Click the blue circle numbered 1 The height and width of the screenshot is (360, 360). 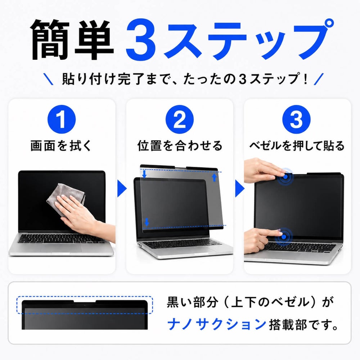point(62,120)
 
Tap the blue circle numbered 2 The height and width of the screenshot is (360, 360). point(180,120)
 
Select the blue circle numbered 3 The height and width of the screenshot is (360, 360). point(296,120)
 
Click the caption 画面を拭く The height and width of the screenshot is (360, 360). point(61,146)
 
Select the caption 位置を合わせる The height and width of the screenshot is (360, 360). point(180,146)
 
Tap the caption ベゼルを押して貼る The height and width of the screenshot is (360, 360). point(297,146)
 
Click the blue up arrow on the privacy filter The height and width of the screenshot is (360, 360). point(215,177)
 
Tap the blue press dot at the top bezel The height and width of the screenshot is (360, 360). point(285,177)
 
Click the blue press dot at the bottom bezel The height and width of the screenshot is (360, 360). point(284,237)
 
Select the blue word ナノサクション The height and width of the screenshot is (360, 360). point(217,324)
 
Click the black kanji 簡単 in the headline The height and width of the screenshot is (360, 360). point(73,40)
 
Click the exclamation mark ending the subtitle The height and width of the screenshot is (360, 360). point(305,78)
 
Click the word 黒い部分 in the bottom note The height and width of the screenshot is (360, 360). point(192,302)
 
